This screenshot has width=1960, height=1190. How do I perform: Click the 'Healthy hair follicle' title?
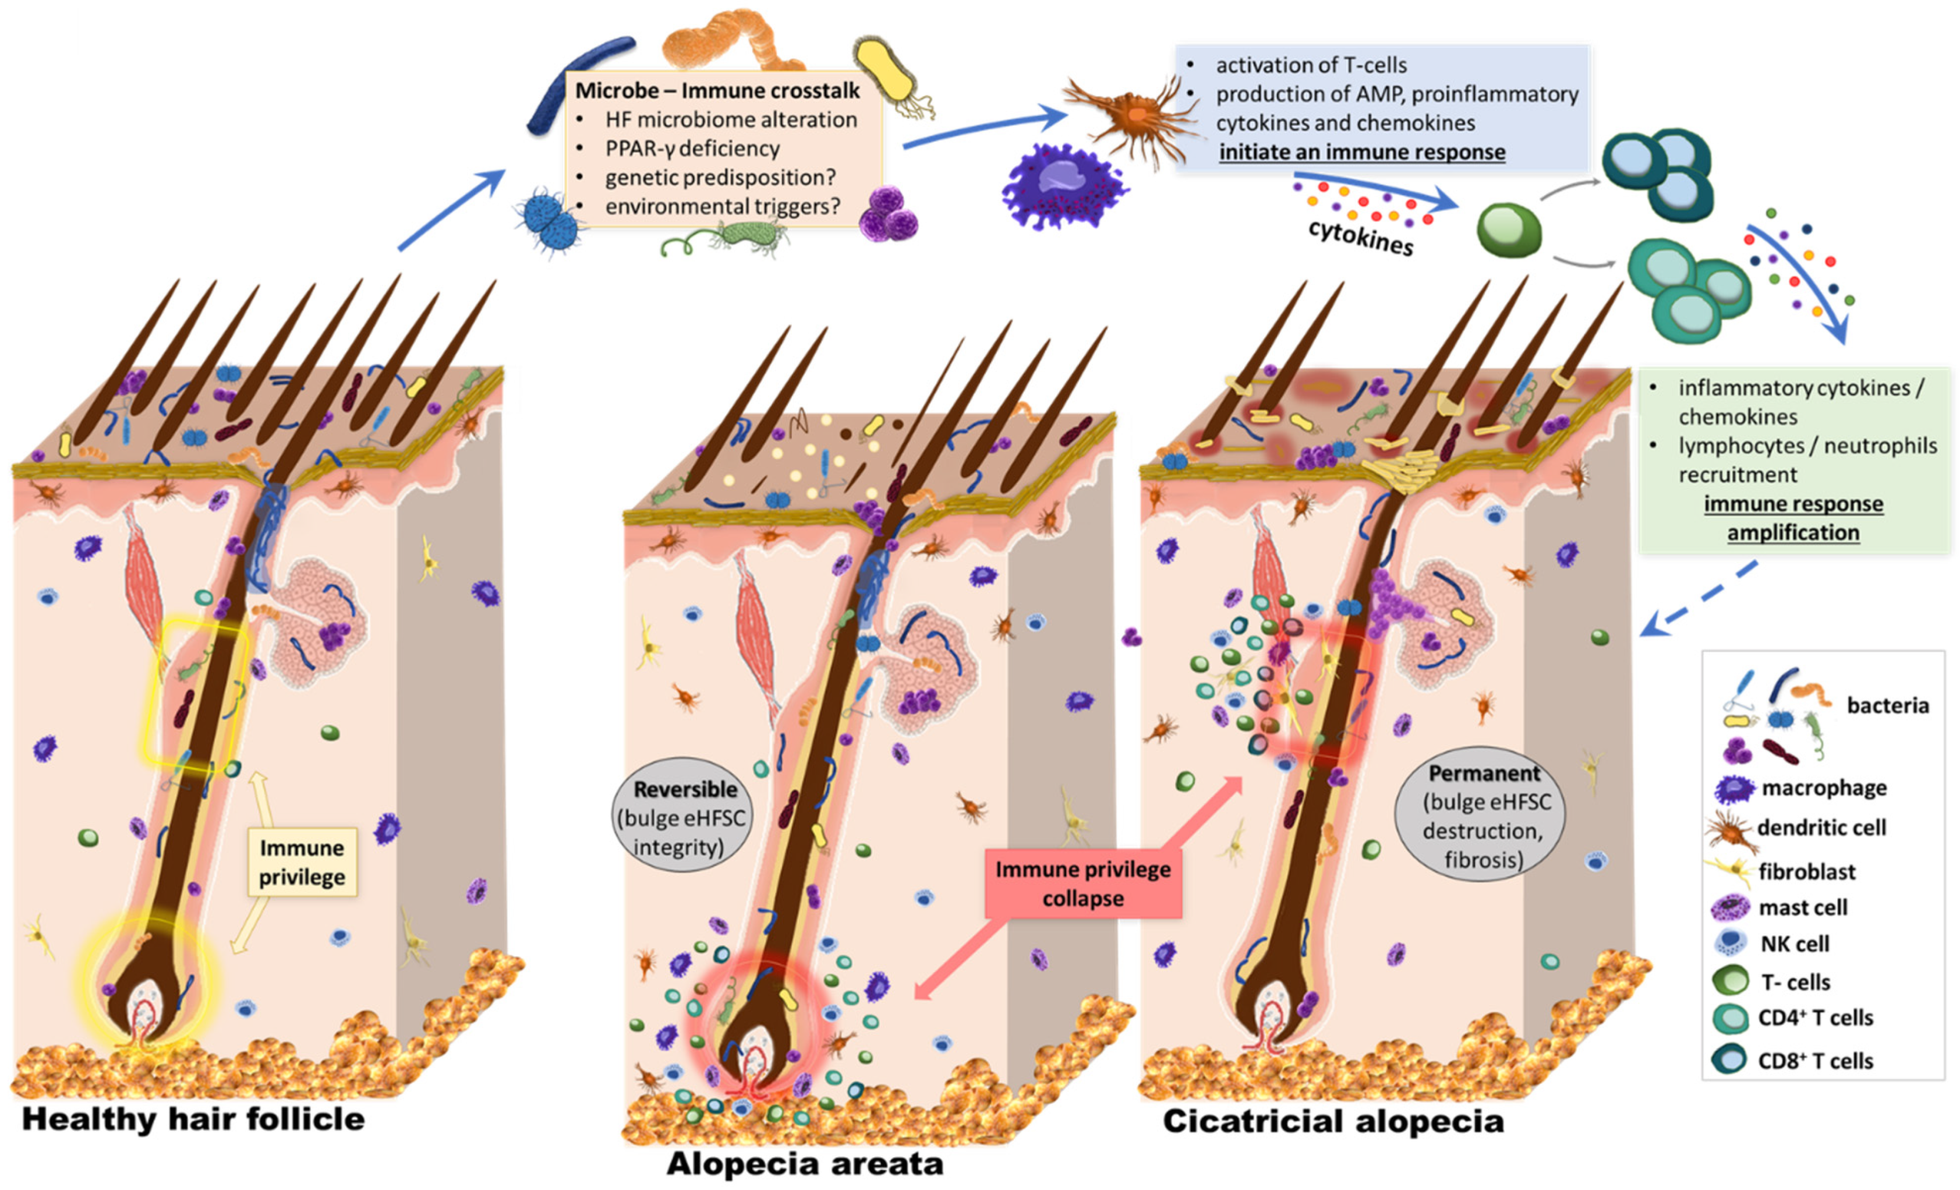[193, 1119]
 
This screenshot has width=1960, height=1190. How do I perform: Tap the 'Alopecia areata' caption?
[804, 1164]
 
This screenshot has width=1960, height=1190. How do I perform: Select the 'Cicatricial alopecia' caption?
[1333, 1122]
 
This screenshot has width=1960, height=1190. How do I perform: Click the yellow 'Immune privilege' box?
[302, 862]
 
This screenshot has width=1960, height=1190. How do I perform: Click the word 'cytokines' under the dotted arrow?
[1361, 237]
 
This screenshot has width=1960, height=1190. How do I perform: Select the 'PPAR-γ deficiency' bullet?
[691, 149]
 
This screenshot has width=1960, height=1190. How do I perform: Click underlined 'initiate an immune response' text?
[1362, 152]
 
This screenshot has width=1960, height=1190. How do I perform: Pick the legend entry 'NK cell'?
[1795, 944]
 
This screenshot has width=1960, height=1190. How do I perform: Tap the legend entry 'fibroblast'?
[1806, 872]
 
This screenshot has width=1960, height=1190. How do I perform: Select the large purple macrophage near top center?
[1062, 187]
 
